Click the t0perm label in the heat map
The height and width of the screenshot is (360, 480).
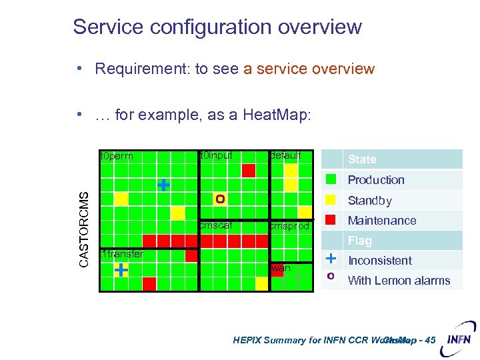[x=116, y=157]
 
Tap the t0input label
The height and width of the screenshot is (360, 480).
[x=216, y=155]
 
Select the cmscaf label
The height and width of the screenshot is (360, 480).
[x=215, y=225]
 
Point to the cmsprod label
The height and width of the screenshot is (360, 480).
[x=289, y=226]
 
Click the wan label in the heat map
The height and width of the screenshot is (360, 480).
[x=281, y=268]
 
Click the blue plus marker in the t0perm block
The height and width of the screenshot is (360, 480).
[x=163, y=185]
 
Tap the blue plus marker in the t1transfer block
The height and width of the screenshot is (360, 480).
[x=121, y=269]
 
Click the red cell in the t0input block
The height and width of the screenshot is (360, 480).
[x=248, y=171]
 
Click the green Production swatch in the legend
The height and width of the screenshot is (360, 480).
[x=330, y=179]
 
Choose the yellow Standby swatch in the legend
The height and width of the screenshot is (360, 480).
[x=330, y=200]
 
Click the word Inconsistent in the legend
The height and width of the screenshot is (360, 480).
[x=380, y=261]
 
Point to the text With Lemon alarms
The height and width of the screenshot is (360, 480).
[x=399, y=281]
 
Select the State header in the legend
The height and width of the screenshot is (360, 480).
[x=362, y=159]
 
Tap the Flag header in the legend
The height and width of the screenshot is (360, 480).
[x=360, y=241]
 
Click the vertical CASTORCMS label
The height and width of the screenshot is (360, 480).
[x=84, y=229]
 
